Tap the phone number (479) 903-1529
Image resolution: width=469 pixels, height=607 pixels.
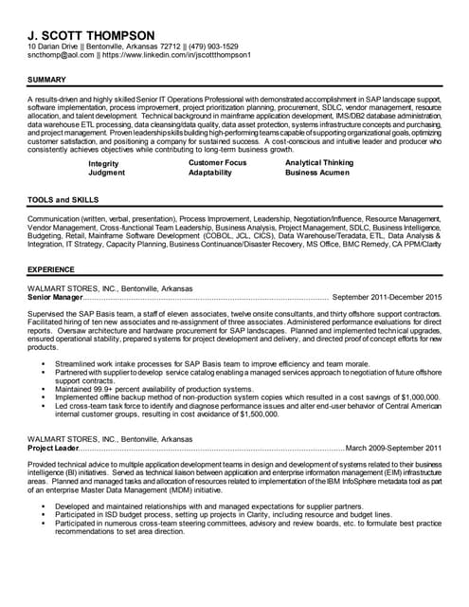click(207, 46)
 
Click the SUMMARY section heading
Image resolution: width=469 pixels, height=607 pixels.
click(46, 79)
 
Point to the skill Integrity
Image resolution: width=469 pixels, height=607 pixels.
click(103, 163)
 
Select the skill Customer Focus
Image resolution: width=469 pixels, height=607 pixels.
click(217, 163)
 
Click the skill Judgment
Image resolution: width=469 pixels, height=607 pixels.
click(106, 173)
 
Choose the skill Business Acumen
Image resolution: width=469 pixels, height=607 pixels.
click(317, 173)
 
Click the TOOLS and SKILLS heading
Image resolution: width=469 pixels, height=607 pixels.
click(63, 201)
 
